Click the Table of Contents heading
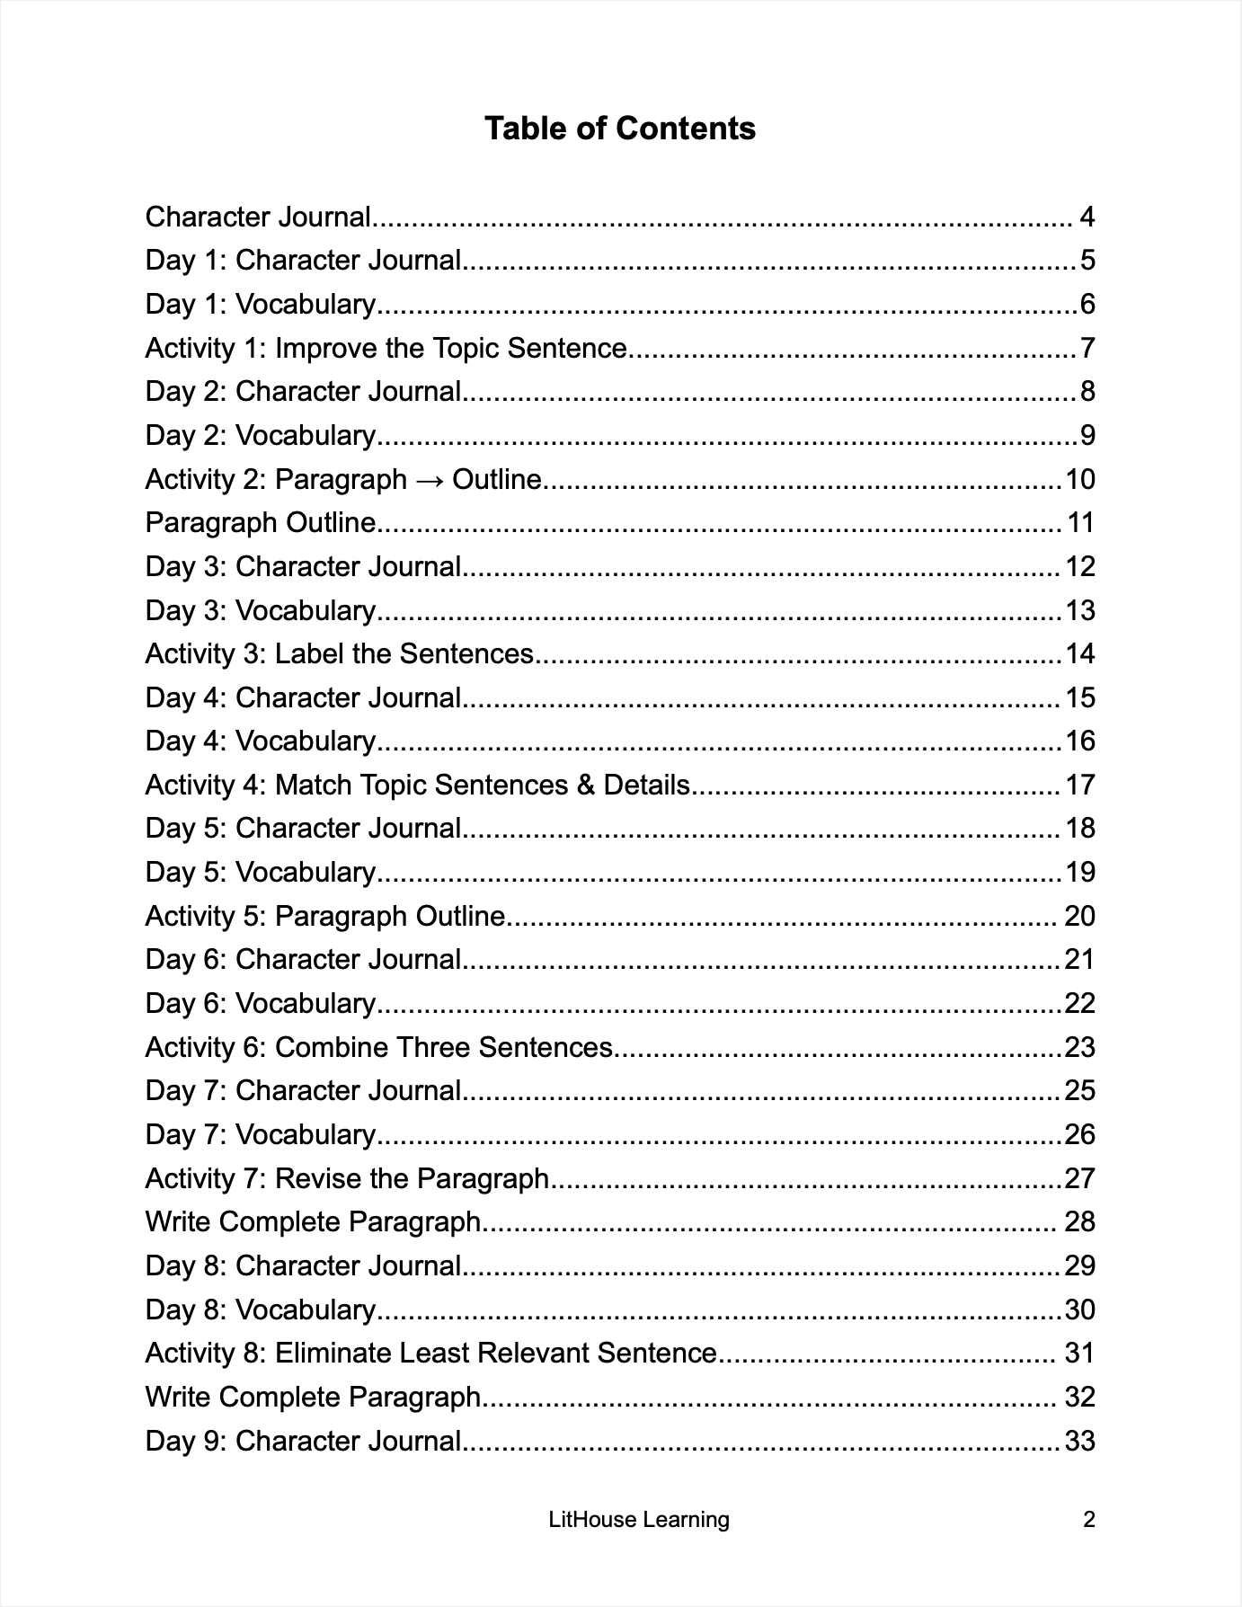click(620, 129)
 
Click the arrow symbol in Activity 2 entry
click(430, 480)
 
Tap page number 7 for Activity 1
click(1087, 348)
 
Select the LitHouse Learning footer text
click(639, 1520)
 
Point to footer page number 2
click(1089, 1520)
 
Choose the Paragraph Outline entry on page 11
click(261, 523)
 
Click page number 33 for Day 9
click(1079, 1442)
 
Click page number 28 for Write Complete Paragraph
click(1079, 1222)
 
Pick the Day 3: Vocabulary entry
click(261, 611)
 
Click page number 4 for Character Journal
click(1087, 218)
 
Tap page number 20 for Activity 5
click(1079, 917)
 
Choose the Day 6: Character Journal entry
click(303, 960)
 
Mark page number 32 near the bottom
click(1079, 1398)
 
